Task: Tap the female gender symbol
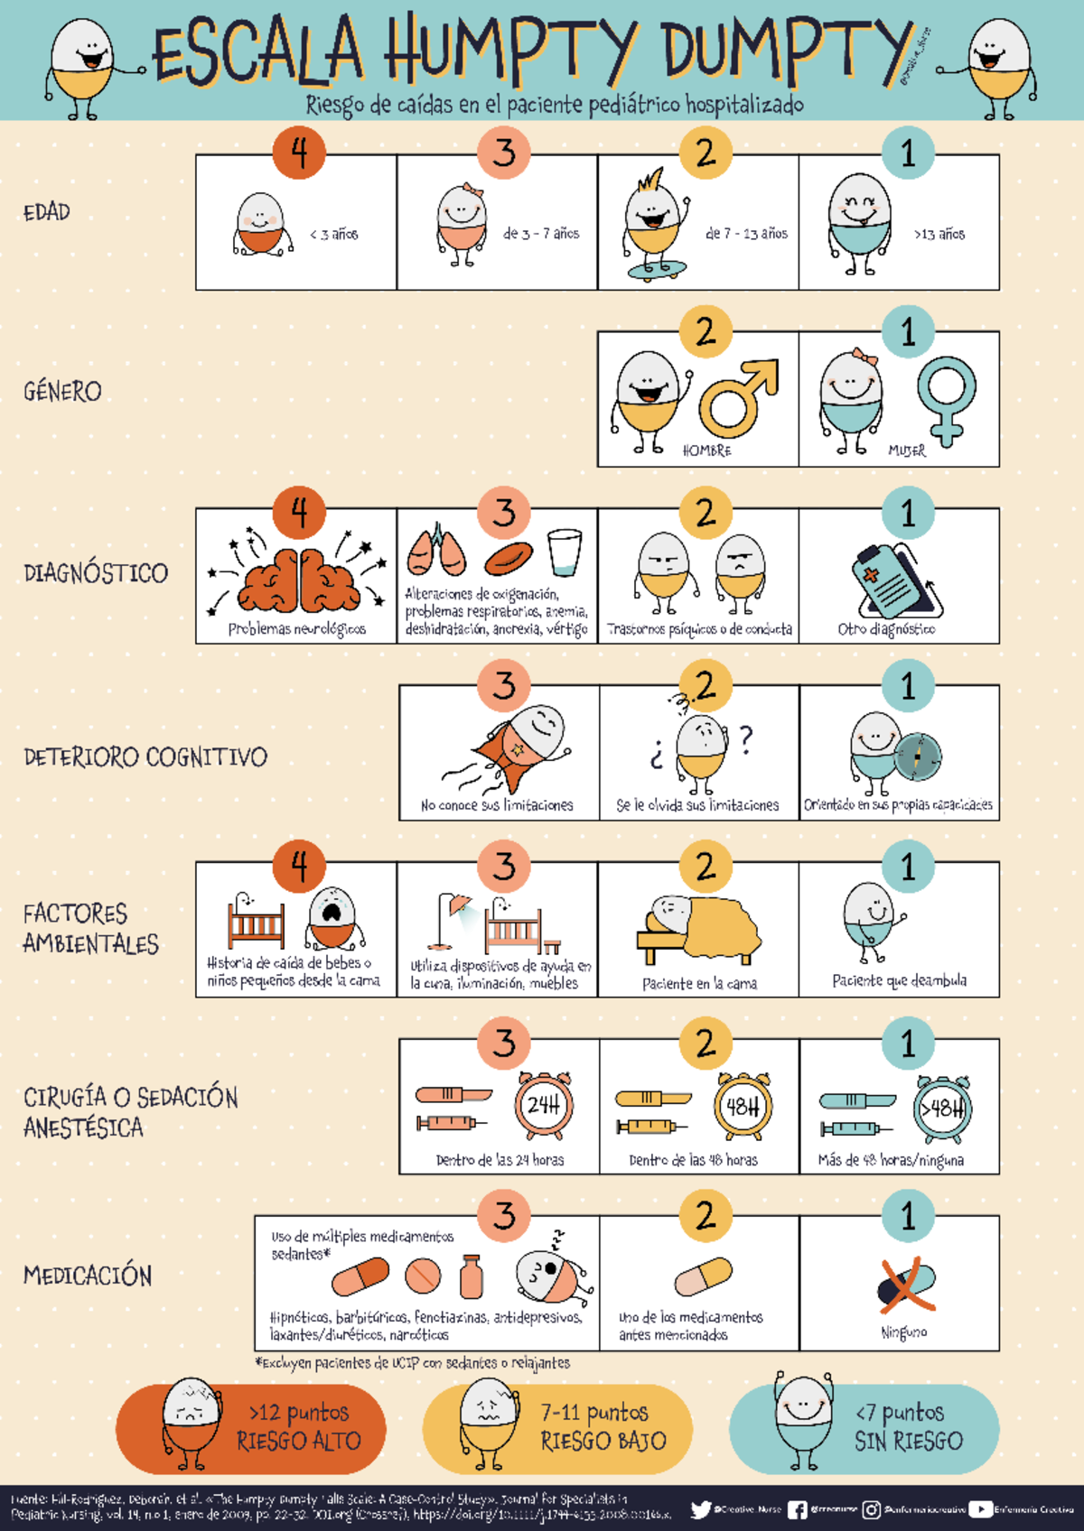pyautogui.click(x=946, y=398)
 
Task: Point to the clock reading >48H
pyautogui.click(x=942, y=1108)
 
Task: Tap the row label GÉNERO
pyautogui.click(x=62, y=392)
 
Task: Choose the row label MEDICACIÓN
pyautogui.click(x=88, y=1276)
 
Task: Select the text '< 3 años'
pyautogui.click(x=334, y=235)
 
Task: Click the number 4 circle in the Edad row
pyautogui.click(x=299, y=153)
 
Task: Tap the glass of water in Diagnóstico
pyautogui.click(x=565, y=552)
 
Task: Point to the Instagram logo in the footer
pyautogui.click(x=871, y=1509)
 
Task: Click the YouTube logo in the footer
pyautogui.click(x=980, y=1509)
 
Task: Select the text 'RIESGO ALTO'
pyautogui.click(x=299, y=1442)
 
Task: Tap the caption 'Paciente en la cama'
pyautogui.click(x=699, y=984)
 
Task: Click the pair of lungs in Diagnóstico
pyautogui.click(x=437, y=551)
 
